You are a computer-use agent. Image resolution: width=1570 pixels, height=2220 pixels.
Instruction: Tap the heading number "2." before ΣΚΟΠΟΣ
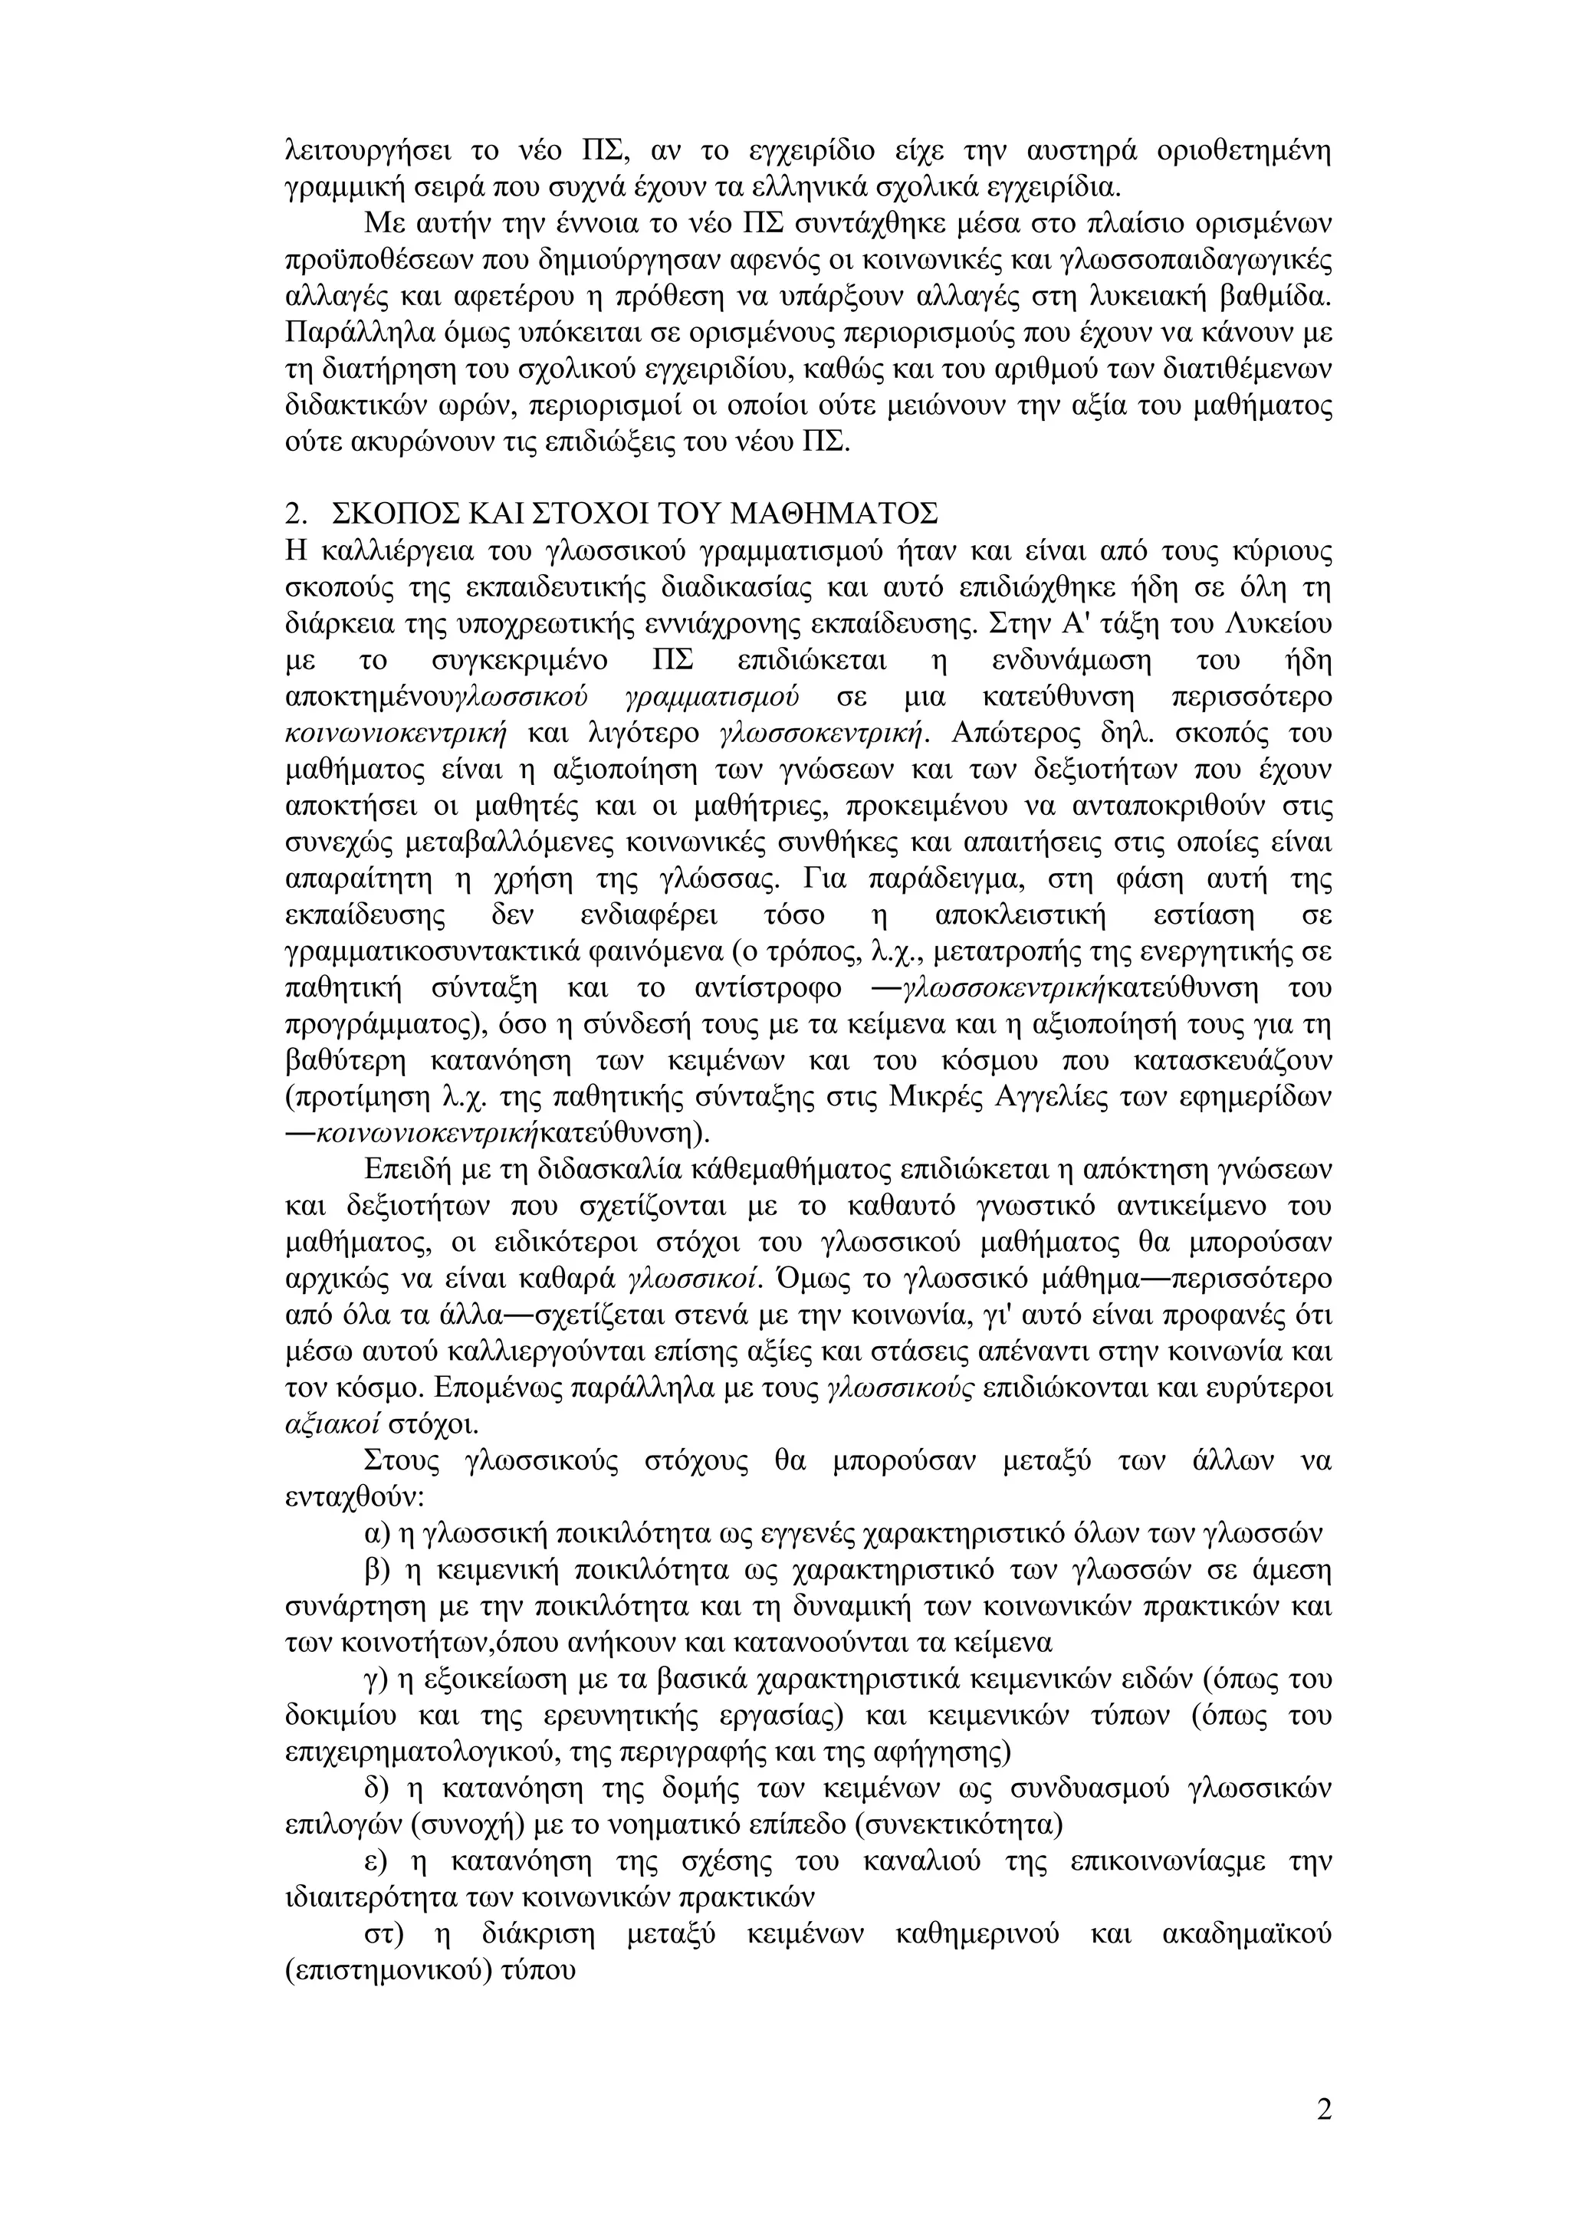297,513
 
